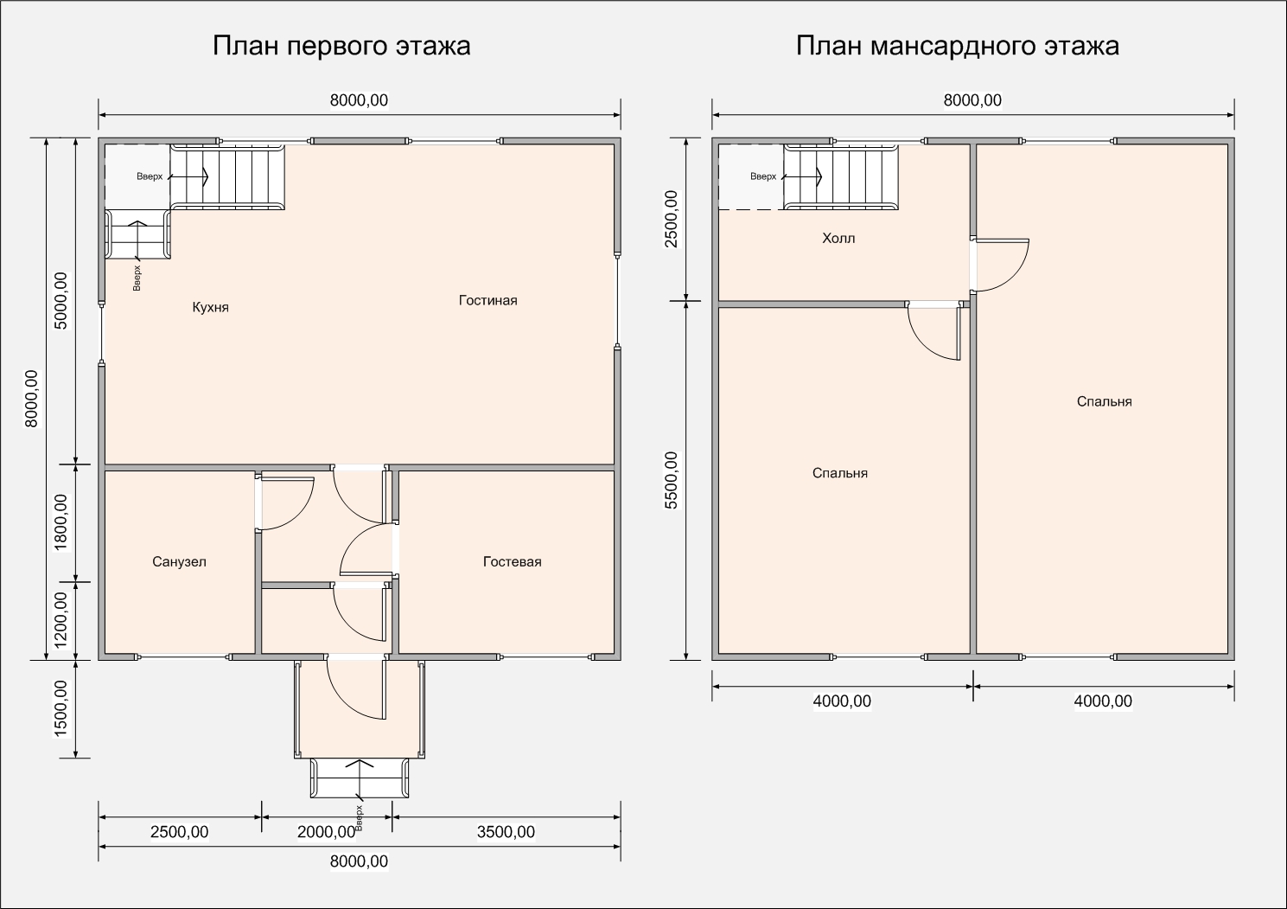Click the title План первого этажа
[x=341, y=46]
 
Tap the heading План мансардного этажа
[x=957, y=46]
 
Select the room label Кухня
[x=210, y=307]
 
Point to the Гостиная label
[x=487, y=300]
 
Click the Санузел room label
[x=179, y=561]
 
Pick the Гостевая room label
[x=512, y=561]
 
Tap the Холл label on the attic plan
[x=838, y=238]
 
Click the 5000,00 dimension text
[x=61, y=301]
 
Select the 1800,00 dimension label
[x=61, y=522]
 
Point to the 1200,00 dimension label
[x=61, y=619]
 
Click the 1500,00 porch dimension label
[x=61, y=708]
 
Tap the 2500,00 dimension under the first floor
[x=179, y=832]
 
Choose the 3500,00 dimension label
[x=506, y=832]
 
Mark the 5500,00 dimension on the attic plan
[x=671, y=480]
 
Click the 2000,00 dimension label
[x=327, y=832]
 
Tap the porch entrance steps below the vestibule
[x=360, y=778]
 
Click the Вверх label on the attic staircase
[x=763, y=176]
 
